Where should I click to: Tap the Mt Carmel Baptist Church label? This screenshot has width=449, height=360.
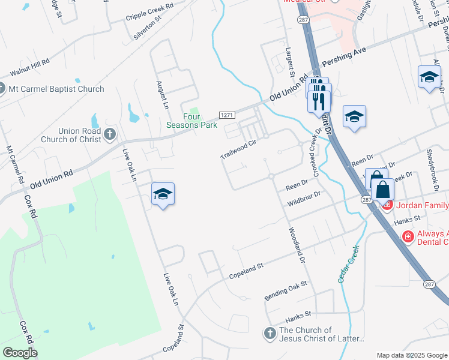click(57, 89)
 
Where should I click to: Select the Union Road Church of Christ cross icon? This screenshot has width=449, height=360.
click(109, 134)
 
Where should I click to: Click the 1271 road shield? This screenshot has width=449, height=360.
click(226, 115)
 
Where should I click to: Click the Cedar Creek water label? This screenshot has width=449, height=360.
click(348, 264)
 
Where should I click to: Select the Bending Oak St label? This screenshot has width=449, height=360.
click(286, 290)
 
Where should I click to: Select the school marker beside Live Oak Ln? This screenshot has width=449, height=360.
click(163, 194)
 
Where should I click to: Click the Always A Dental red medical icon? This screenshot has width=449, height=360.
click(408, 236)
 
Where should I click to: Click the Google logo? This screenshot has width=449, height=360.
click(20, 353)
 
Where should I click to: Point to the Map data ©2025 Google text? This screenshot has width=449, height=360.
click(411, 355)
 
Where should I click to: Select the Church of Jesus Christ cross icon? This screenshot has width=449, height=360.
click(270, 332)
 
